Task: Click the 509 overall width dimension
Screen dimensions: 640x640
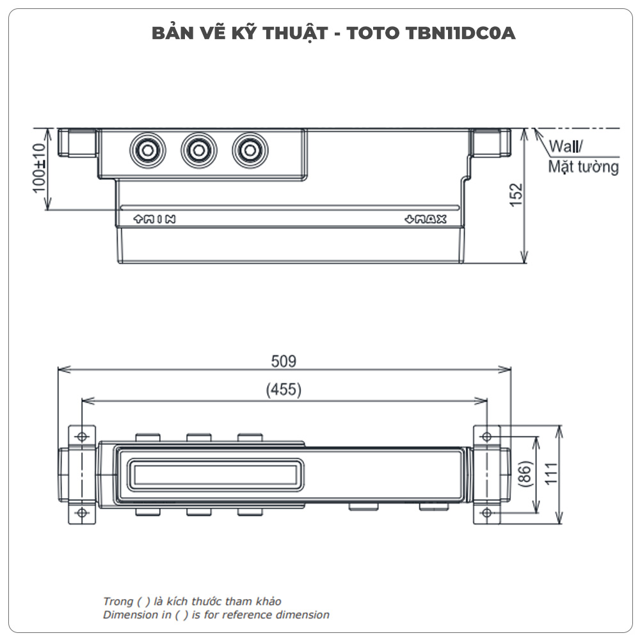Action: click(x=284, y=362)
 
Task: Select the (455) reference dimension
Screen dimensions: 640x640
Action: click(x=284, y=390)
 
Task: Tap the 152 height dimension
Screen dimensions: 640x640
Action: click(x=516, y=196)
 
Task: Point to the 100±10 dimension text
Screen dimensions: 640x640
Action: click(x=39, y=168)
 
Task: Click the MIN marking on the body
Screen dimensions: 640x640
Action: click(x=154, y=219)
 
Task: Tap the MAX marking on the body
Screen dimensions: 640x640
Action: click(x=426, y=220)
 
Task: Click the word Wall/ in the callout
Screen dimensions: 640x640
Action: click(x=566, y=147)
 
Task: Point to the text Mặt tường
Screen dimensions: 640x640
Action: click(x=583, y=168)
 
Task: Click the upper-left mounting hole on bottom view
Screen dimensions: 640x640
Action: click(x=82, y=436)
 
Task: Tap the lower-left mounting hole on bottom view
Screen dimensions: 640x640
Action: click(x=82, y=513)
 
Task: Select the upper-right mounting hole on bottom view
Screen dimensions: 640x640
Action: click(x=486, y=436)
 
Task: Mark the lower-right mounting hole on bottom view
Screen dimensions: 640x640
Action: click(x=486, y=513)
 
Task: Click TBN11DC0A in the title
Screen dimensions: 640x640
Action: click(x=460, y=33)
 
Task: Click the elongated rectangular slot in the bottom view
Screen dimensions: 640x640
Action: click(x=216, y=474)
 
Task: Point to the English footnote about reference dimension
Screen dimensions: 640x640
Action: click(x=216, y=615)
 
